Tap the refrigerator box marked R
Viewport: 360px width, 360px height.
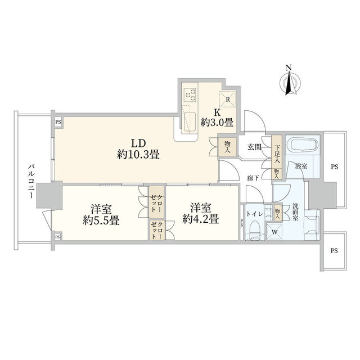(x=228, y=99)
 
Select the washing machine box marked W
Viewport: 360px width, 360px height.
(x=274, y=232)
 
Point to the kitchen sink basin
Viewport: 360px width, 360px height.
(x=190, y=123)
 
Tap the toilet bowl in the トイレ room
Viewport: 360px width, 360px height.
(x=254, y=230)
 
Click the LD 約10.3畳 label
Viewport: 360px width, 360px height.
(x=138, y=149)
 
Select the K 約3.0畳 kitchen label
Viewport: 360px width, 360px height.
(x=217, y=118)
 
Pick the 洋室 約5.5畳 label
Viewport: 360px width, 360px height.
(x=101, y=215)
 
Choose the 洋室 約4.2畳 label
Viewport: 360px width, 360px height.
(x=201, y=213)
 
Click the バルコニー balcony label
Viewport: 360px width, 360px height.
(x=30, y=181)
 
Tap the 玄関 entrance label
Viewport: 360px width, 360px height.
(x=254, y=147)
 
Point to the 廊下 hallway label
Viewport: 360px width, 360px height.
(x=254, y=178)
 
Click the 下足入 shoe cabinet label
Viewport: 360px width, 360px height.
(x=277, y=154)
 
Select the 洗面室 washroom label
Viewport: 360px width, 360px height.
(x=295, y=211)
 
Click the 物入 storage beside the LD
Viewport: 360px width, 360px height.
(x=227, y=147)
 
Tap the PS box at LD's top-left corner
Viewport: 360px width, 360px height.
(x=58, y=122)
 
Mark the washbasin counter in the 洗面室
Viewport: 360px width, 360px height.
(x=312, y=224)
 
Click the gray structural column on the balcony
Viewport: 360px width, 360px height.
(x=49, y=195)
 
